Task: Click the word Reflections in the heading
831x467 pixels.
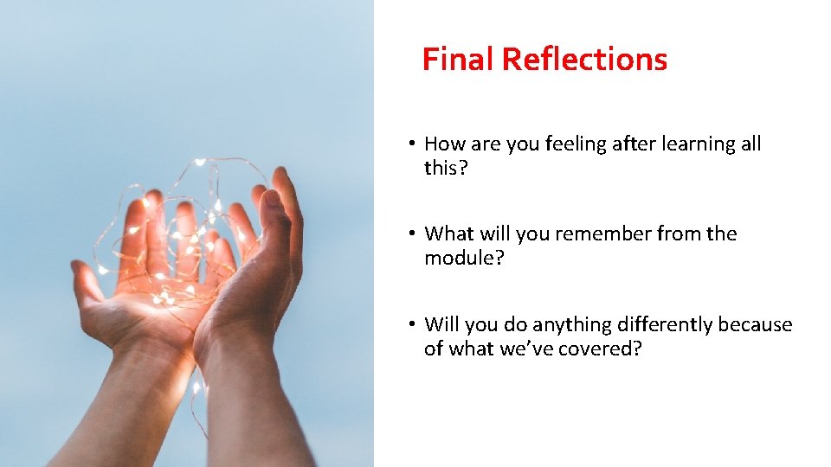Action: [584, 59]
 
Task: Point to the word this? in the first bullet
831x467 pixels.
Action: [446, 168]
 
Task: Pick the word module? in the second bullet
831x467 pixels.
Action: [459, 258]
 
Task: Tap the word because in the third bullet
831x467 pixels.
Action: [755, 324]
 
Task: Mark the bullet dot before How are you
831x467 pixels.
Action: [415, 144]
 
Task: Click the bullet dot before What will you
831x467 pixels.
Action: [415, 233]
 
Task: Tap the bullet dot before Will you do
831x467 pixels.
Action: [415, 324]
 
